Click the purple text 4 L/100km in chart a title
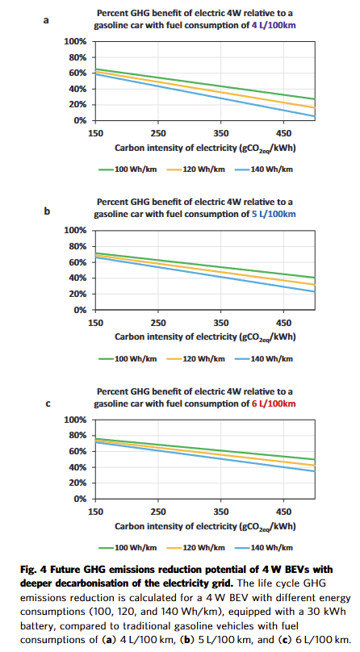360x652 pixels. click(274, 25)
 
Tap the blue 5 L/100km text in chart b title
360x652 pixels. click(274, 214)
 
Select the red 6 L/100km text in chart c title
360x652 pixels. click(274, 403)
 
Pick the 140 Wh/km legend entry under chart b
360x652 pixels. click(264, 359)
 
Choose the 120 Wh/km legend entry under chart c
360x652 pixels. click(196, 548)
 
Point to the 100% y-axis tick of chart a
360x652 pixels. click(75, 42)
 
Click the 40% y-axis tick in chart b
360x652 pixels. click(77, 278)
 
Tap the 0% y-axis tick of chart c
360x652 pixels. click(79, 499)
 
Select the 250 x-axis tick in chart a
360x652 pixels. click(158, 133)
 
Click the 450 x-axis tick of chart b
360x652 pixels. click(284, 323)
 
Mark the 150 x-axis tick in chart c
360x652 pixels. click(95, 512)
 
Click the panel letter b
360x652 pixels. click(47, 211)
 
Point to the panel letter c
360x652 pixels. click(48, 403)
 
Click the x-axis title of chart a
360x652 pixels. click(205, 148)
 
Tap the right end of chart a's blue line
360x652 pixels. click(315, 116)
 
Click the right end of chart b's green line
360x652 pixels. click(315, 278)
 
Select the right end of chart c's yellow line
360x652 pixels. click(315, 466)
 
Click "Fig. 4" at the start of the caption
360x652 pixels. click(33, 569)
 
